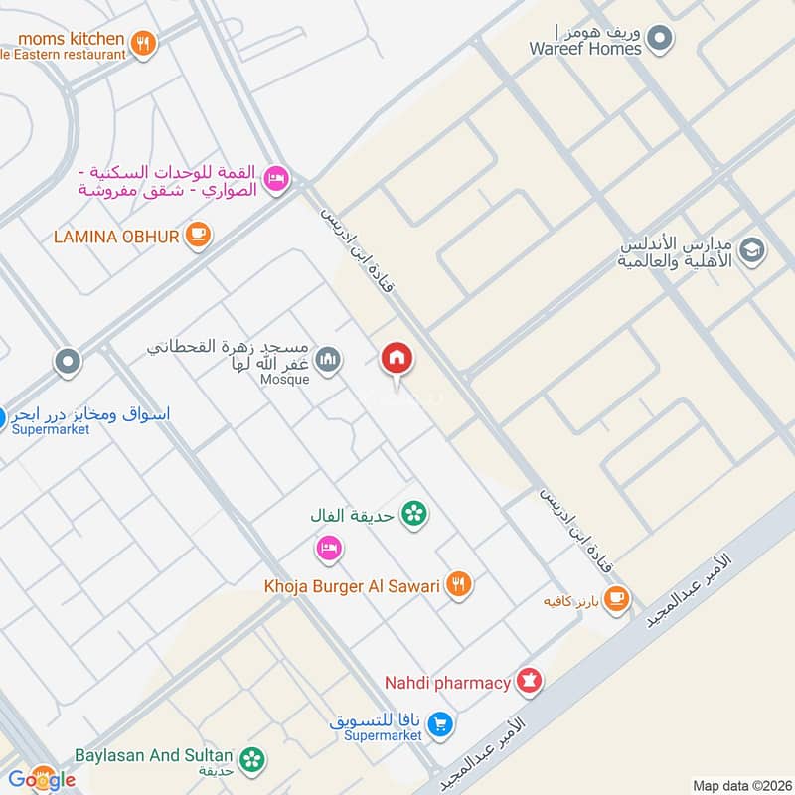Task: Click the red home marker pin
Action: tap(397, 359)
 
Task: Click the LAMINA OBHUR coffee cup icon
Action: tap(199, 235)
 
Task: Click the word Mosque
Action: tap(285, 379)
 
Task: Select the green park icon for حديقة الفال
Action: tap(414, 514)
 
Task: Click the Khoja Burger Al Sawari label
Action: tap(352, 586)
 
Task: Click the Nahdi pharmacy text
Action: tap(447, 683)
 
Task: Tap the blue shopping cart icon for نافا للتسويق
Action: tap(443, 725)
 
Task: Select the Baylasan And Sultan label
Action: tap(153, 756)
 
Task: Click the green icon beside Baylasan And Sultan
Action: tap(254, 759)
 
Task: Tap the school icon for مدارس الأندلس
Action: tap(752, 249)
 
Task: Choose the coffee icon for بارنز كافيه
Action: tap(617, 599)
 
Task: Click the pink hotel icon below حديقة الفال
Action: tap(329, 547)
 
